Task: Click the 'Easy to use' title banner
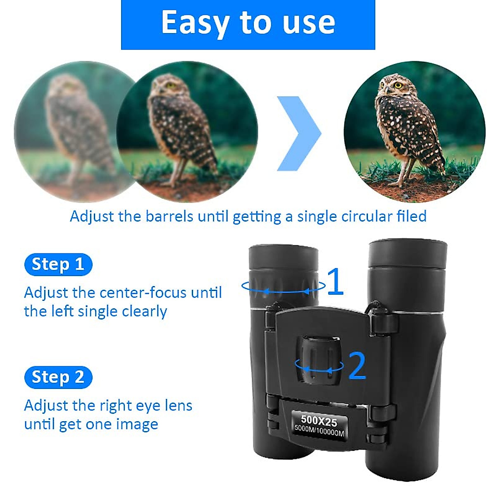pyautogui.click(x=248, y=24)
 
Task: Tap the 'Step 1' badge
pyautogui.click(x=58, y=265)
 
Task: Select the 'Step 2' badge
pyautogui.click(x=58, y=377)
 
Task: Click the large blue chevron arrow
pyautogui.click(x=298, y=134)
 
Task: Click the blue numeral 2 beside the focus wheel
pyautogui.click(x=357, y=365)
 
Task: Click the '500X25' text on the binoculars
pyautogui.click(x=319, y=421)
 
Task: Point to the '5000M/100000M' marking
pyautogui.click(x=319, y=431)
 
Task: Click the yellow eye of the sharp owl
pyautogui.click(x=398, y=85)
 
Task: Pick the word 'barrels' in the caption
pyautogui.click(x=169, y=216)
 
